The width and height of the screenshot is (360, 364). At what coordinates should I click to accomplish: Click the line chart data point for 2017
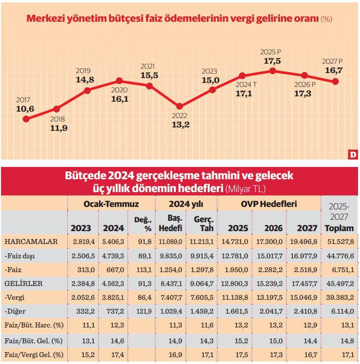point(26,119)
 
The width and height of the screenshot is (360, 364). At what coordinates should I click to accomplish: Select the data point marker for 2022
point(180,106)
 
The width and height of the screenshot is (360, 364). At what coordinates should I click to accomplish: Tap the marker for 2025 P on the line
point(273,71)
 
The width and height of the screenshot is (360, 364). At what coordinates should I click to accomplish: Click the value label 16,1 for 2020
point(119,99)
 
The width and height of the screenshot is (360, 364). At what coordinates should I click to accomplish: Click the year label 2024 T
point(245,84)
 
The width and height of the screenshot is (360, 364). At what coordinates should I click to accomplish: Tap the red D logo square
point(352,155)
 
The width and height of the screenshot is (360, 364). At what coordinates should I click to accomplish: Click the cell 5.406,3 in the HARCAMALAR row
point(113,242)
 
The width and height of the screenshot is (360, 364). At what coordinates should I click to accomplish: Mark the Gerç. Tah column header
point(203,223)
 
